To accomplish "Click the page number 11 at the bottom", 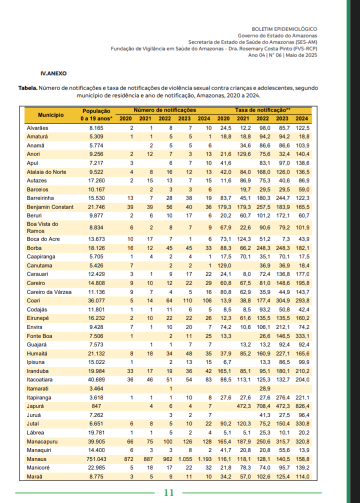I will pyautogui.click(x=169, y=492).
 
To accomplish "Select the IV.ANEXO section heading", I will pyautogui.click(x=53, y=73).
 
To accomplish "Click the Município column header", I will pyautogui.click(x=50, y=114).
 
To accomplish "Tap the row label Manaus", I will pyautogui.click(x=36, y=458).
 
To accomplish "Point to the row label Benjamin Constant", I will pyautogui.click(x=50, y=206).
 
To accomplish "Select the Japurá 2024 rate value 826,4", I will pyautogui.click(x=301, y=406).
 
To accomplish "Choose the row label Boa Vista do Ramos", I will pyautogui.click(x=42, y=227).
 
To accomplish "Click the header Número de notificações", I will pyautogui.click(x=164, y=109).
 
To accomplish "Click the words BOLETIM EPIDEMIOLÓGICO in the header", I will pyautogui.click(x=284, y=29).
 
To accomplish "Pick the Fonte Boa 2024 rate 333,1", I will pyautogui.click(x=301, y=336).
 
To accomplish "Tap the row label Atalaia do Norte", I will pyautogui.click(x=46, y=171).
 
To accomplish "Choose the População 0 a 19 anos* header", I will pyautogui.click(x=95, y=114).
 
